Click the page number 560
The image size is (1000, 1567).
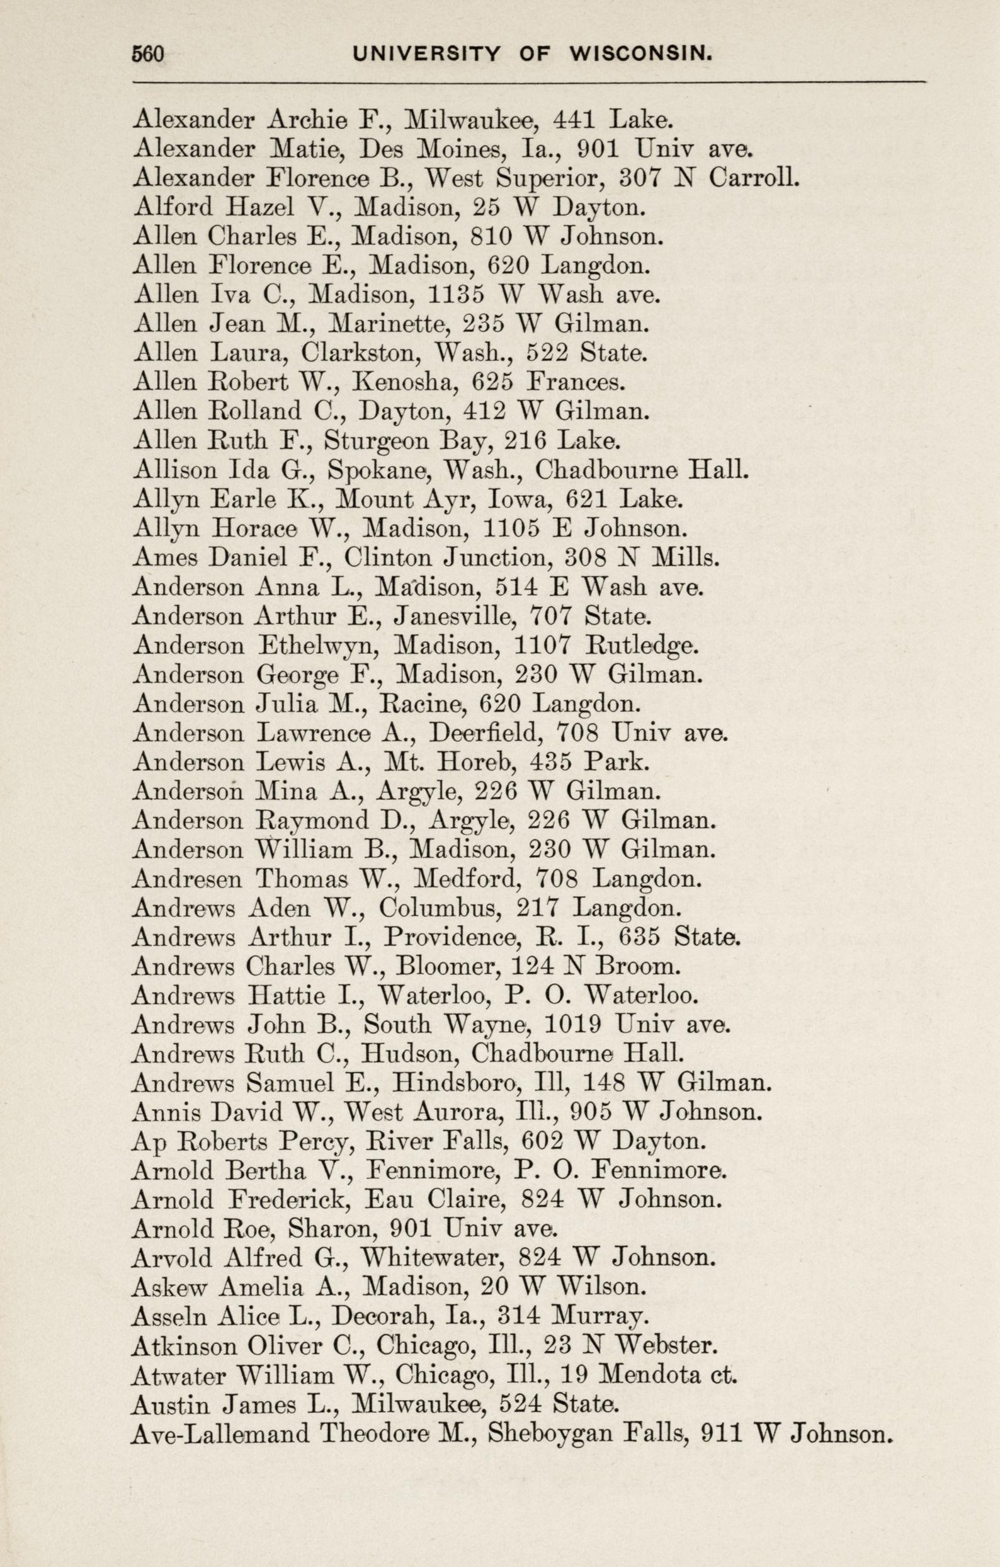tap(148, 54)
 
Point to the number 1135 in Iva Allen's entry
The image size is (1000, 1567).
tap(457, 295)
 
